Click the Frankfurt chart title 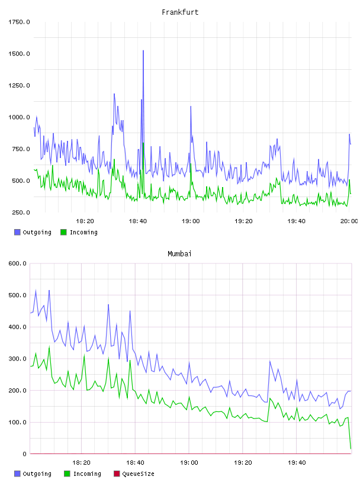pos(180,12)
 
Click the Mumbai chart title pos(179,254)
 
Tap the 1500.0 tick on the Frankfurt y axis pos(19,54)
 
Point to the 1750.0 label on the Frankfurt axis pos(19,22)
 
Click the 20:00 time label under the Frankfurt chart pos(349,221)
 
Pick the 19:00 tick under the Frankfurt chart pos(191,221)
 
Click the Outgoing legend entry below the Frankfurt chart pos(33,232)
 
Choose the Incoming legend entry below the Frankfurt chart pos(79,232)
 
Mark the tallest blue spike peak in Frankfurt pos(143,50)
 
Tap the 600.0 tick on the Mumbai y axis pos(17,263)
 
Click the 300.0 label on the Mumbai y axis pos(17,359)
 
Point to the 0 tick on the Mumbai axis pos(24,454)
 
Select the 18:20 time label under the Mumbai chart pos(81,463)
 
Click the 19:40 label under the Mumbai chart pos(297,463)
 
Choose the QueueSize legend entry pos(134,474)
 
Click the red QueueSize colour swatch pos(117,474)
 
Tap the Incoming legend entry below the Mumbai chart pos(83,474)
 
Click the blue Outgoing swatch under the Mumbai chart pos(17,474)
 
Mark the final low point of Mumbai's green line pos(351,449)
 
